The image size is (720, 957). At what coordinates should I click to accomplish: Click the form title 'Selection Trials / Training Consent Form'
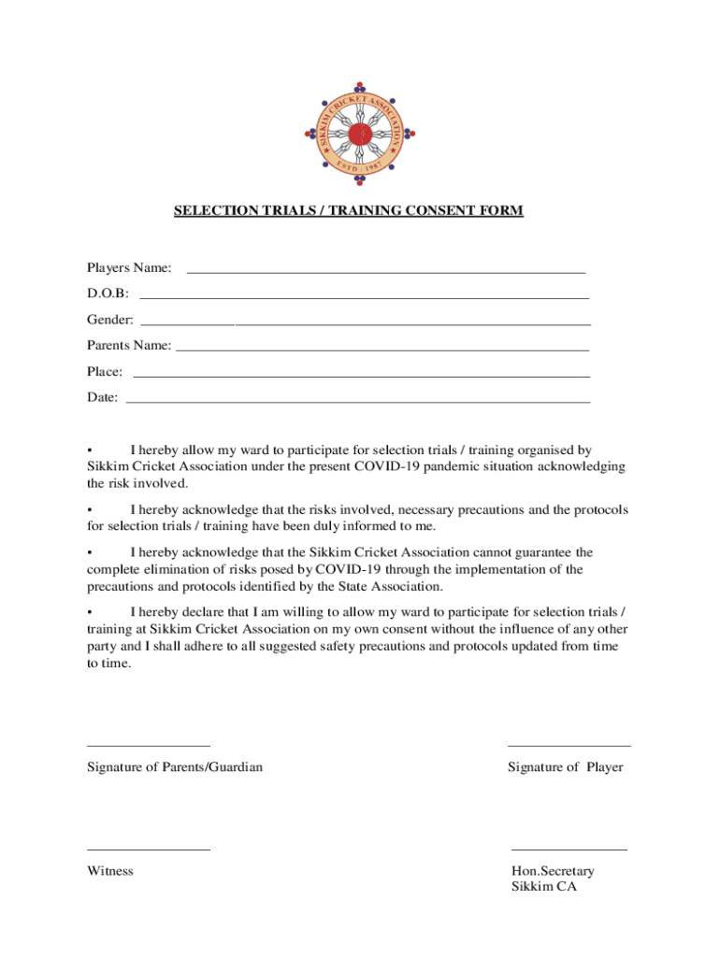(x=348, y=211)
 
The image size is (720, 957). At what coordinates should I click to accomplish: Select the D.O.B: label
(x=108, y=294)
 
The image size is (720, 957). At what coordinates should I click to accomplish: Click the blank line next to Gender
(x=365, y=322)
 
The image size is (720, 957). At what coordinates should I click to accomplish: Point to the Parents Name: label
(x=129, y=346)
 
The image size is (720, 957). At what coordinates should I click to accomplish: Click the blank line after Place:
(x=361, y=376)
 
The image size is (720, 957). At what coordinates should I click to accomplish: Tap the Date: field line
(x=357, y=401)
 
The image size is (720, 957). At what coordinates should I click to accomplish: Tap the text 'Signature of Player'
(x=565, y=767)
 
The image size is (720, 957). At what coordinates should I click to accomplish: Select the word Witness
(x=110, y=871)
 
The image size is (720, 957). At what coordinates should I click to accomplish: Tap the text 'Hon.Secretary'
(x=553, y=871)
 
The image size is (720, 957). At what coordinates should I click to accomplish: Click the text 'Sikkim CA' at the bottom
(x=544, y=887)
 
